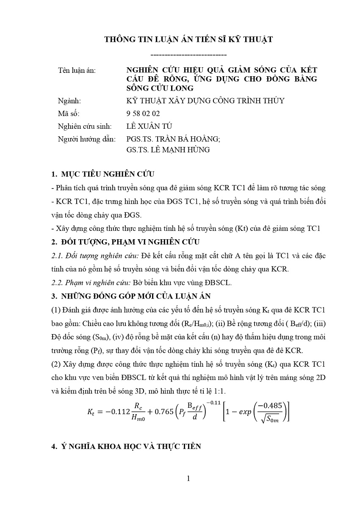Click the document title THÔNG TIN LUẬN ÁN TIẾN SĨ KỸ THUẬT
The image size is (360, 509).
tap(188, 39)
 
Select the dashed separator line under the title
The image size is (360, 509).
tap(188, 55)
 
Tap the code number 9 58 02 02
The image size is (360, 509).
tap(143, 113)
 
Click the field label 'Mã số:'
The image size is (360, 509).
tap(69, 113)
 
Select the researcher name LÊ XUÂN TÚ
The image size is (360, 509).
tap(149, 126)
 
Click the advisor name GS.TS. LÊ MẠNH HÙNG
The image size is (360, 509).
tap(168, 149)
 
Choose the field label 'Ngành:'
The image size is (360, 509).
tap(69, 101)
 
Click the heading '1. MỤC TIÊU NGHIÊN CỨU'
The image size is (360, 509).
tap(102, 174)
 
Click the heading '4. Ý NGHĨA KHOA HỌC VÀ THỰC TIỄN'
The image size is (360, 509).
tap(126, 447)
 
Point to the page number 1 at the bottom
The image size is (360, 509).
tap(188, 479)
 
